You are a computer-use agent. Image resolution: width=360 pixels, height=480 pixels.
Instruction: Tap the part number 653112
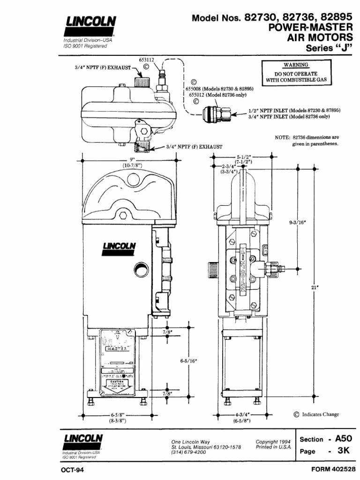pyautogui.click(x=147, y=60)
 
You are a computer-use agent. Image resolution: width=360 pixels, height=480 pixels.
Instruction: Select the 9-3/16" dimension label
pyautogui.click(x=297, y=223)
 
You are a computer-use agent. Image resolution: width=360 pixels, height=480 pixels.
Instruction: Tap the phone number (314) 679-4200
pyautogui.click(x=188, y=452)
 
